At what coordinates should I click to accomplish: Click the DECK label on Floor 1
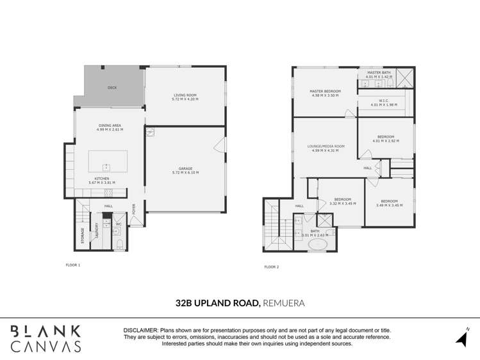tap(112, 88)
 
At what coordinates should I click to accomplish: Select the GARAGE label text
tap(185, 168)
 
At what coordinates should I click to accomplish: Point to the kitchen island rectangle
tap(107, 161)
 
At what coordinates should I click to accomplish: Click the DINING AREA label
tap(109, 126)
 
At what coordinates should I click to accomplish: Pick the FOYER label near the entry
tap(135, 209)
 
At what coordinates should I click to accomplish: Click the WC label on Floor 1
tap(119, 224)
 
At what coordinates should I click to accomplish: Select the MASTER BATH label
tap(378, 72)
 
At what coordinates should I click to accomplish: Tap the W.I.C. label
tap(385, 100)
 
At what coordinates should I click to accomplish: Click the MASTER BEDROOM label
tap(325, 91)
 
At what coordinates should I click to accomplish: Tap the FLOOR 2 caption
tap(272, 266)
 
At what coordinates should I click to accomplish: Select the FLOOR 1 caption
tap(73, 265)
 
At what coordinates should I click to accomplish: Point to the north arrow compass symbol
tap(462, 339)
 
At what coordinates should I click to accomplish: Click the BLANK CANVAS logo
tap(46, 339)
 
